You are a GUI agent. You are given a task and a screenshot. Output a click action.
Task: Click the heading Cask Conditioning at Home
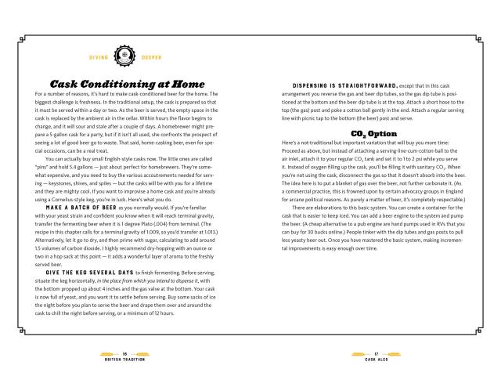128,84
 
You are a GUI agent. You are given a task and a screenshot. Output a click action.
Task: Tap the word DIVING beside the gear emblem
97,57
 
